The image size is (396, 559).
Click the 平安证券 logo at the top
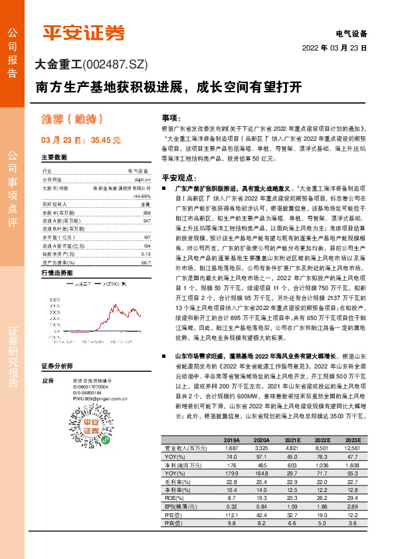click(x=84, y=33)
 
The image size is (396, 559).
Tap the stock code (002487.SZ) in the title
click(x=114, y=64)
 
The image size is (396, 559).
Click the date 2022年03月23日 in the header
click(x=335, y=48)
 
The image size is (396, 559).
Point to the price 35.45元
click(x=106, y=141)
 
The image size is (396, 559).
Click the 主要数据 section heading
click(x=54, y=157)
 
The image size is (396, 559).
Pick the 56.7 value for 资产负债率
click(x=146, y=244)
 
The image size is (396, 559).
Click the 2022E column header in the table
click(x=322, y=440)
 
